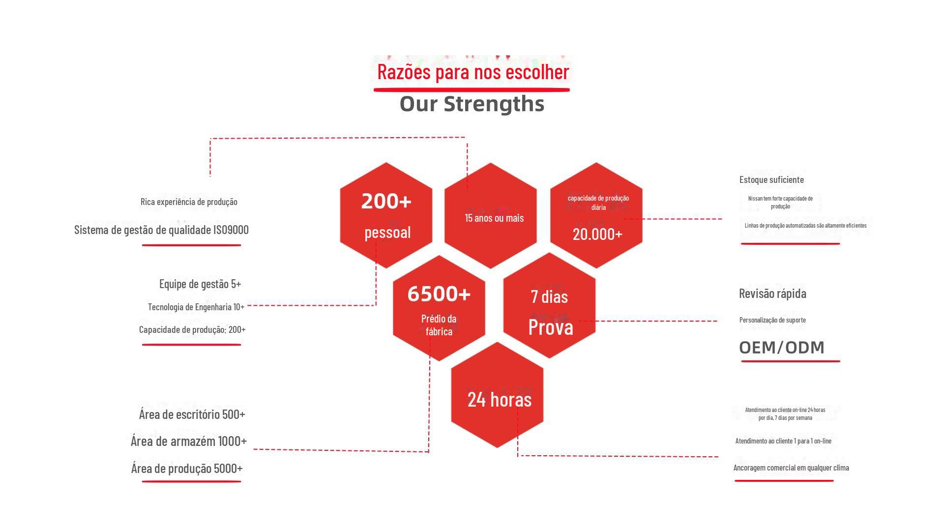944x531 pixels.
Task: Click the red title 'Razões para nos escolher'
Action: (x=473, y=72)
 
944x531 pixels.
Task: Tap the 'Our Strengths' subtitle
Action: (x=472, y=104)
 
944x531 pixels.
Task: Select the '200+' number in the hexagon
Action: (x=386, y=201)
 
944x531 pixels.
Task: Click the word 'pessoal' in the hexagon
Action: (x=387, y=232)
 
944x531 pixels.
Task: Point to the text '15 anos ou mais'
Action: (x=495, y=218)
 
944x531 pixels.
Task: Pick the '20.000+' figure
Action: (x=597, y=234)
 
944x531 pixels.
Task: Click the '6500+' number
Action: (x=439, y=294)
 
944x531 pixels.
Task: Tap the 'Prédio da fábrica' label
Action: (x=439, y=325)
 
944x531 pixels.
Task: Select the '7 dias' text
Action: (x=549, y=296)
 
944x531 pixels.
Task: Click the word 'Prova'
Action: (x=551, y=327)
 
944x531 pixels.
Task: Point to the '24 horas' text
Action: (x=500, y=399)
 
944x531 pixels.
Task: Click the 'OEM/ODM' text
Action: (x=782, y=348)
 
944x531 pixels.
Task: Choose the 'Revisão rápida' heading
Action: (x=772, y=294)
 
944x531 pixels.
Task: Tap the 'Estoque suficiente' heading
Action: (x=771, y=179)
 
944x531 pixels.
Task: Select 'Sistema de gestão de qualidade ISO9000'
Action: (x=161, y=230)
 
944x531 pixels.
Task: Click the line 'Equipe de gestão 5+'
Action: (x=200, y=284)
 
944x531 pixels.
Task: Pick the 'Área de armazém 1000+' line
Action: (x=189, y=441)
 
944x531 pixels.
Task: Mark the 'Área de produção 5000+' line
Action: (x=187, y=468)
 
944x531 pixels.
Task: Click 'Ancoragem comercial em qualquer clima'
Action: (x=791, y=468)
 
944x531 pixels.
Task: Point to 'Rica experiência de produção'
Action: (x=189, y=202)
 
